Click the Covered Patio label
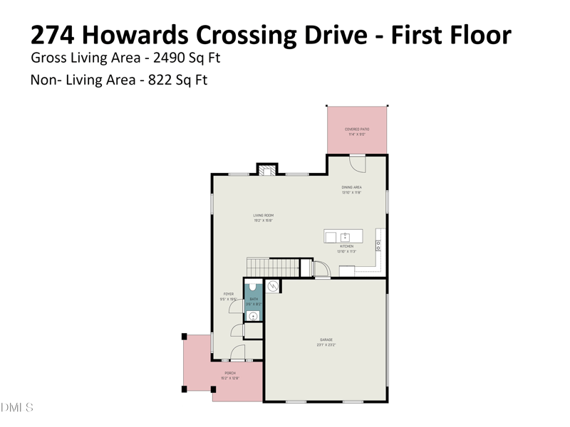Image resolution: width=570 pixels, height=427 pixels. [x=356, y=129]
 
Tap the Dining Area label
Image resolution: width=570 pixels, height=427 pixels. [x=352, y=187]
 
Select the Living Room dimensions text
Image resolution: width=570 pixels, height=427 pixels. [x=264, y=221]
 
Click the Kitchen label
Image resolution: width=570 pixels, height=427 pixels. [x=346, y=246]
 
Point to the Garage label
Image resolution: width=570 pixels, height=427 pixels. [x=326, y=339]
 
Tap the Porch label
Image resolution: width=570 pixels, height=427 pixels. [x=230, y=373]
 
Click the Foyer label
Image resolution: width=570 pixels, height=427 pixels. [x=229, y=293]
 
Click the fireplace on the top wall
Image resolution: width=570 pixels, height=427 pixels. [x=266, y=170]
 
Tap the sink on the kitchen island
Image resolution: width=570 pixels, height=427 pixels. [x=344, y=236]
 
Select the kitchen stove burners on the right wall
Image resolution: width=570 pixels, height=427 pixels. [x=379, y=243]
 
